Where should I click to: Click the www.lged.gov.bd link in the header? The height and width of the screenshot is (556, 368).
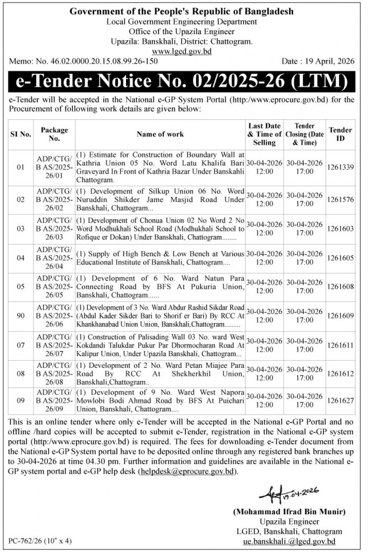click(x=182, y=51)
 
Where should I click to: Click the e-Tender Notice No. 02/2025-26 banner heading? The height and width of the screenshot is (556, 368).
click(x=182, y=82)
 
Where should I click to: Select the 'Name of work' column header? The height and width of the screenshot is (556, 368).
click(x=160, y=134)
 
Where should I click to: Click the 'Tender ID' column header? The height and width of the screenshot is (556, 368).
click(x=340, y=134)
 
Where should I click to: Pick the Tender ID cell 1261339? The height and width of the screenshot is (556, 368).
click(x=340, y=167)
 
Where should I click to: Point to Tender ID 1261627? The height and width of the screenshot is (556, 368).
click(x=340, y=400)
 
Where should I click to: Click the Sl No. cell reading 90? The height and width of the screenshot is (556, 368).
click(x=20, y=316)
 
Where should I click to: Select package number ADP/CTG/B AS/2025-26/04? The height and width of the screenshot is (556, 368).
click(x=54, y=258)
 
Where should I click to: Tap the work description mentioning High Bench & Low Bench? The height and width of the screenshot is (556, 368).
click(x=160, y=258)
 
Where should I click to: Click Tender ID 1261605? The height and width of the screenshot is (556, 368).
click(x=340, y=258)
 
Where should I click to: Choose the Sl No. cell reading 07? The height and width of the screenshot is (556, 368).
click(x=20, y=345)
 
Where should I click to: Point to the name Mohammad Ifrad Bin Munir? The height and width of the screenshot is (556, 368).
click(x=289, y=512)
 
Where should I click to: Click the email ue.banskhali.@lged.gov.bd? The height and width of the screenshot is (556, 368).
click(x=289, y=541)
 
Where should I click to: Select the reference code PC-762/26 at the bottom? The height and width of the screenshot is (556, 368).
click(x=40, y=541)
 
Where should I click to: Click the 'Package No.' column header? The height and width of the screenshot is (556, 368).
click(x=54, y=134)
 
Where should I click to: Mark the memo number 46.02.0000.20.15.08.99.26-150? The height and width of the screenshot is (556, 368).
click(x=97, y=61)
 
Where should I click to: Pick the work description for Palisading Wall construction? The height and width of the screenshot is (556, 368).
click(x=160, y=345)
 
